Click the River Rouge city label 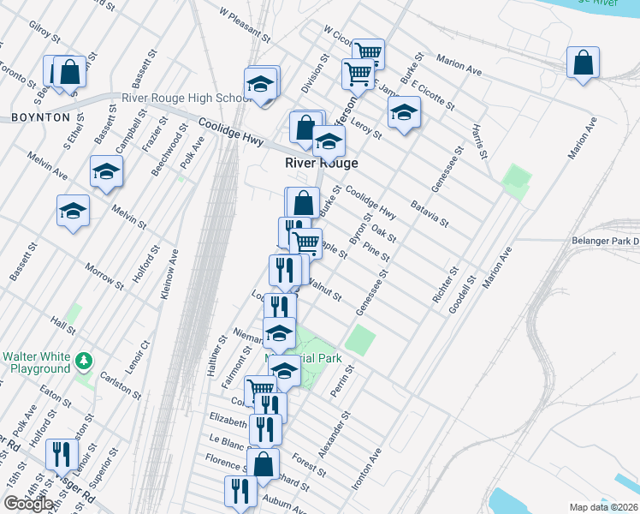(x=321, y=163)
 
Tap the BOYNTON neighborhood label (x=40, y=117)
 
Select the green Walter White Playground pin (x=83, y=359)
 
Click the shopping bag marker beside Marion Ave (x=583, y=63)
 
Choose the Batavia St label (x=430, y=213)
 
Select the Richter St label (x=442, y=288)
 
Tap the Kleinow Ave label (x=169, y=274)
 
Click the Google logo (x=28, y=504)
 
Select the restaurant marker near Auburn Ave (x=240, y=491)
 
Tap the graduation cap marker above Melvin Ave (x=106, y=171)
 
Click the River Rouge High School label (x=186, y=99)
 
